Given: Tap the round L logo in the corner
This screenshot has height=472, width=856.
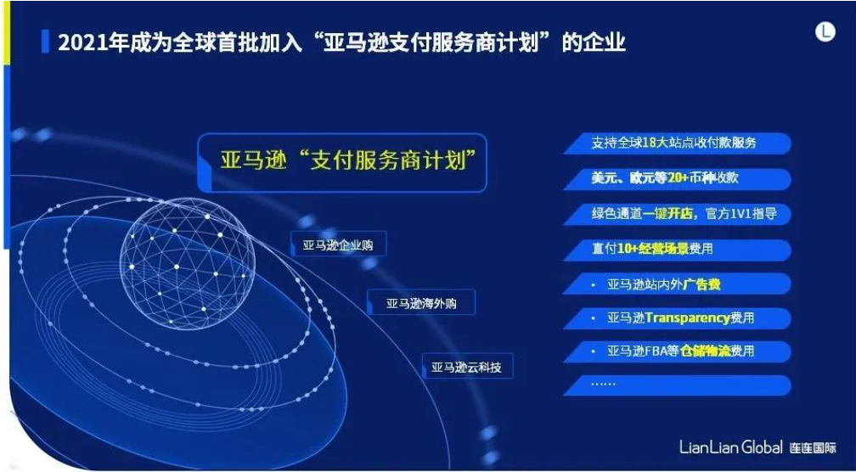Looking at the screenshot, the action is pos(825,32).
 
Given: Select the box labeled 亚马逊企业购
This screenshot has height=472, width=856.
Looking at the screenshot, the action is pos(338,245).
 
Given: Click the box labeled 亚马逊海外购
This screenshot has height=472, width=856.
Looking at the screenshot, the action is pos(421,303).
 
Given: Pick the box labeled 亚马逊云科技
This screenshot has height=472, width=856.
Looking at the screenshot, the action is pos(467,367).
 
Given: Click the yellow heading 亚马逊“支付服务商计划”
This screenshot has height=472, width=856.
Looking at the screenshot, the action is pos(346,160).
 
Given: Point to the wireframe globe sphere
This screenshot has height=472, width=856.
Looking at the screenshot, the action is pos(187,263).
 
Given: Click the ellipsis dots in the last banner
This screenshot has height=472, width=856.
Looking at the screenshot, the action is pos(603,384).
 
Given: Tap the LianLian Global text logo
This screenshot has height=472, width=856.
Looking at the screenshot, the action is pos(731,447).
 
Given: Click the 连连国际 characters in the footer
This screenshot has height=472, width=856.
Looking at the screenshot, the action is pos(813,448).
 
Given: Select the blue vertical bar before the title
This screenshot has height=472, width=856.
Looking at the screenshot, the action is pos(45,42).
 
